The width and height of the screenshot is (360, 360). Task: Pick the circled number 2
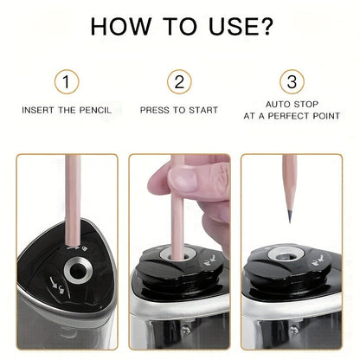(x=179, y=84)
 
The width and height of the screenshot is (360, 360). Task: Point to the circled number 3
(x=292, y=84)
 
